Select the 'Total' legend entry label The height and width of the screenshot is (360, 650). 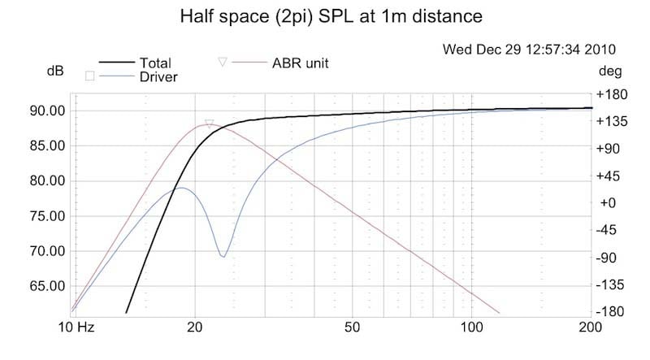[x=154, y=62]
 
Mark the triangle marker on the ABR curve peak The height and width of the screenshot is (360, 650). [x=210, y=124]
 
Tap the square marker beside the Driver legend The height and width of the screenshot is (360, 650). [x=89, y=76]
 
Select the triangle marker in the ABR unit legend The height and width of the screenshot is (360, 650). [x=223, y=62]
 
